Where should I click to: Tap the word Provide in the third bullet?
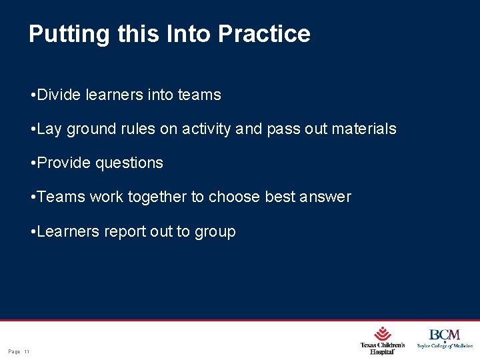[65, 163]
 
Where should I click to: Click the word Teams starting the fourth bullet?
[61, 197]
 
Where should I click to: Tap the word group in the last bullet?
[215, 231]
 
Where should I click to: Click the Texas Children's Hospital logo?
[382, 341]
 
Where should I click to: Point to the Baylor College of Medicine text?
[445, 346]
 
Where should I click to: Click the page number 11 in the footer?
[27, 351]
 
